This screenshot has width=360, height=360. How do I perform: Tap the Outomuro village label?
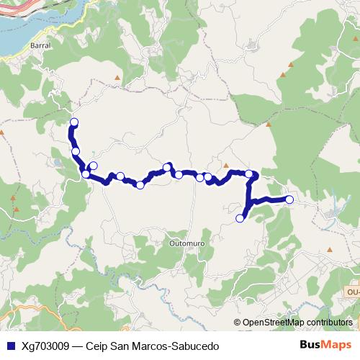tap(185, 244)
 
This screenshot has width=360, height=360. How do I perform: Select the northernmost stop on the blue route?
tap(74, 122)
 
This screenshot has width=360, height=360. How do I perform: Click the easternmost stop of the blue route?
tap(289, 199)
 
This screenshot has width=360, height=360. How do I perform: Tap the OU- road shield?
tap(352, 292)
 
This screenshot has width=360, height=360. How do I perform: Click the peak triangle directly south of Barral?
tap(116, 75)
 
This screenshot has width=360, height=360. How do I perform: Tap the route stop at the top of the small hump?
tap(167, 168)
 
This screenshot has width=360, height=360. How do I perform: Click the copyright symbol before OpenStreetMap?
tap(238, 323)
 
